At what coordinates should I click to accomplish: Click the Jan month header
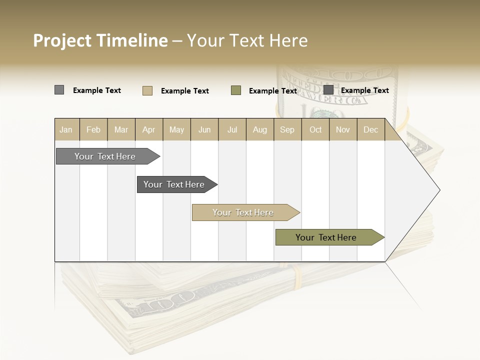[66, 129]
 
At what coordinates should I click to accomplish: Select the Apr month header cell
[149, 129]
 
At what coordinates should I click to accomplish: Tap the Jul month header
[232, 129]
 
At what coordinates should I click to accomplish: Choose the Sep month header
[287, 129]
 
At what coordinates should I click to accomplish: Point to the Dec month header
[370, 129]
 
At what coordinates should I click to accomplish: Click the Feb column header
[93, 129]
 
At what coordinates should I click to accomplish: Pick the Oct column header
[315, 129]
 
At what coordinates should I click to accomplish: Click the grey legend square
[59, 90]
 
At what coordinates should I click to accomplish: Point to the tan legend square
[147, 90]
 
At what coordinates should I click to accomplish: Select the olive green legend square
[236, 90]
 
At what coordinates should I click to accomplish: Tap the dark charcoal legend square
[328, 90]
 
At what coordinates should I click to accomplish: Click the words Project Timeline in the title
[100, 40]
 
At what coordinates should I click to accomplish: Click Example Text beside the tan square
[185, 91]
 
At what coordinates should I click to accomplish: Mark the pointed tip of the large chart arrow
[439, 190]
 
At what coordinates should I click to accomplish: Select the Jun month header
[204, 129]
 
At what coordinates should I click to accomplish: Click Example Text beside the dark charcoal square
[365, 90]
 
